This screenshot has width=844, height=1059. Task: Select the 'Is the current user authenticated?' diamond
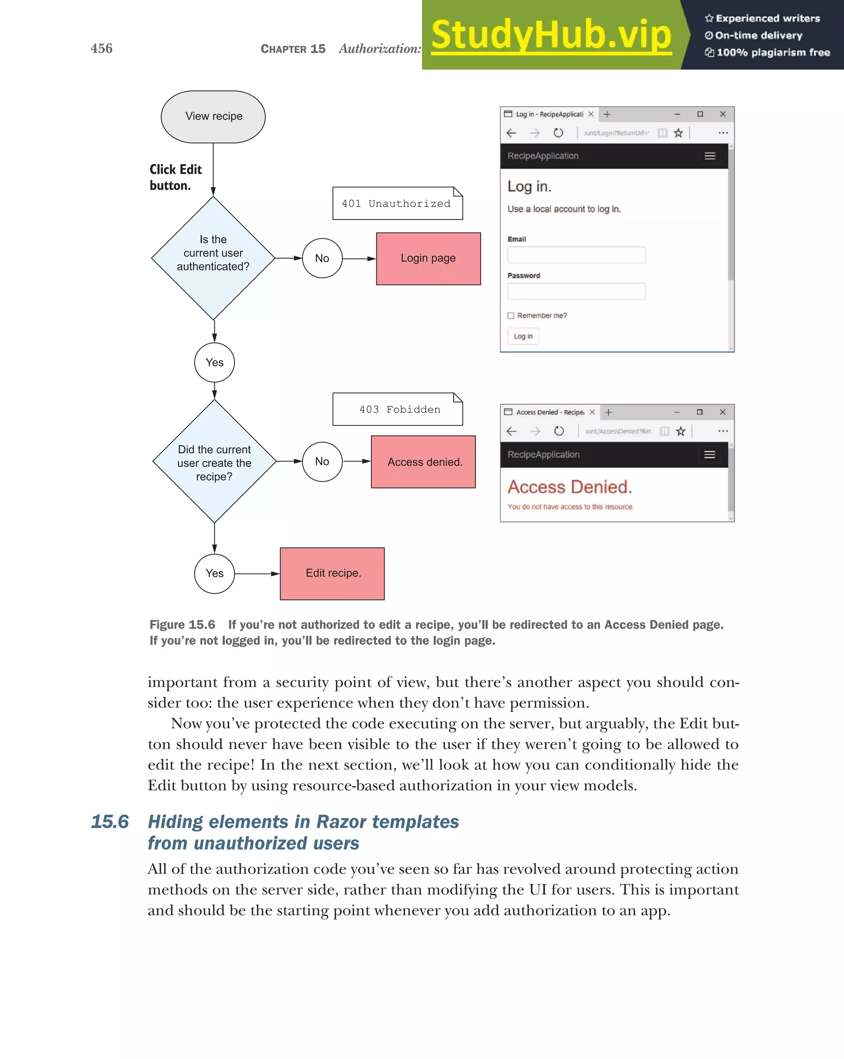point(213,258)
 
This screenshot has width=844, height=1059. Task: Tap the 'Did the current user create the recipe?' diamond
point(215,462)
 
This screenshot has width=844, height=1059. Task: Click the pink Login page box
point(428,259)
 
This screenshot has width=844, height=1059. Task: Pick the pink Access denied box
point(423,462)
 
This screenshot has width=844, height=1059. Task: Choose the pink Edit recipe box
point(333,574)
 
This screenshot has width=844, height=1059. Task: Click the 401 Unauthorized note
point(397,203)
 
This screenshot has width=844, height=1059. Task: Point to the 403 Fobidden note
point(397,409)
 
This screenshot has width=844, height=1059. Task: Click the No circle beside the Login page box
point(322,258)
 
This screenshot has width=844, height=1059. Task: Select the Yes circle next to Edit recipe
point(215,574)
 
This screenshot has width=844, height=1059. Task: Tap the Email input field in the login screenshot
point(577,255)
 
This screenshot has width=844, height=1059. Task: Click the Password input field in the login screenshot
point(577,291)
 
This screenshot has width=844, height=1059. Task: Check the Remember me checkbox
point(511,316)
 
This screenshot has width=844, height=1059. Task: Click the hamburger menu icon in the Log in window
point(710,156)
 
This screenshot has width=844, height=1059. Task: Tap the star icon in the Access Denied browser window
point(680,431)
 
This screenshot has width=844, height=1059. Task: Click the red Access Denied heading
point(570,487)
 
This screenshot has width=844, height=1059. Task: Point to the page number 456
point(102,49)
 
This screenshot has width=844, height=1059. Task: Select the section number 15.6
point(110,822)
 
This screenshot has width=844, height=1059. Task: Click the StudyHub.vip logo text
point(551,35)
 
